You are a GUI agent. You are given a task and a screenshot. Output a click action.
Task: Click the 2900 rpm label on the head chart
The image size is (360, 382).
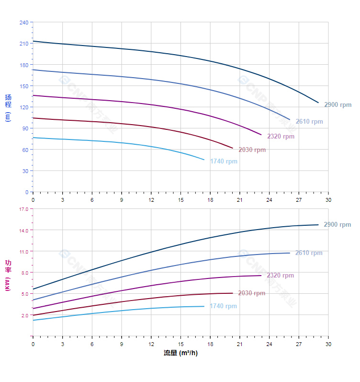(337, 105)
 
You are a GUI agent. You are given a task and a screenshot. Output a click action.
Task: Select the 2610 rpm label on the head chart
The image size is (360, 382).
(309, 122)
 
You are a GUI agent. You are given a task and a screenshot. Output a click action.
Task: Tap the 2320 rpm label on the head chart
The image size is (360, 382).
(281, 137)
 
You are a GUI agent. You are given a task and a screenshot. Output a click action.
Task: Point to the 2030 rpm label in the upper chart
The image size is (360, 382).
(252, 150)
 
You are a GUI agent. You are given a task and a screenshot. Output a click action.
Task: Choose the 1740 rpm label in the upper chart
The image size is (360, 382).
(224, 162)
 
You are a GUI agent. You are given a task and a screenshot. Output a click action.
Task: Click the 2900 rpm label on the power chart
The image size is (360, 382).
(337, 225)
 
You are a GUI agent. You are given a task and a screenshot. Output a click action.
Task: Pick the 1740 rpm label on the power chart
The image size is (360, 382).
(223, 306)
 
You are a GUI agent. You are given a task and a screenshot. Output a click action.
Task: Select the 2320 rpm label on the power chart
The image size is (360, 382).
(280, 276)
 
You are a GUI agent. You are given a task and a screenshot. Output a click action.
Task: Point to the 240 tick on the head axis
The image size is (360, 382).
(24, 23)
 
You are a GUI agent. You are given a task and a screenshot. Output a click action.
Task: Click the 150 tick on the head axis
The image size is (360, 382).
(24, 86)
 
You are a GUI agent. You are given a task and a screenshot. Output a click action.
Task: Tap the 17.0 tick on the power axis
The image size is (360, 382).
(24, 209)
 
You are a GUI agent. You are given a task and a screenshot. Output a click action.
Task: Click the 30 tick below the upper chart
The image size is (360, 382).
(328, 199)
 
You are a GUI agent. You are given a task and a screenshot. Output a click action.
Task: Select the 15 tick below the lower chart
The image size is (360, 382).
(180, 344)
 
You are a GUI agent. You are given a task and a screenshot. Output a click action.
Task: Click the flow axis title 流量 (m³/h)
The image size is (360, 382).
(180, 353)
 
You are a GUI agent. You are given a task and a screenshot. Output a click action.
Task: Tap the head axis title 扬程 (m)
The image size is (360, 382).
(8, 107)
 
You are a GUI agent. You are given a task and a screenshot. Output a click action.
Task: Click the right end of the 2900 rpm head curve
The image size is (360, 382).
(318, 103)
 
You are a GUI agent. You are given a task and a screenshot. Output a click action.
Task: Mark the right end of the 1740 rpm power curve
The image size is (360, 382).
(204, 306)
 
